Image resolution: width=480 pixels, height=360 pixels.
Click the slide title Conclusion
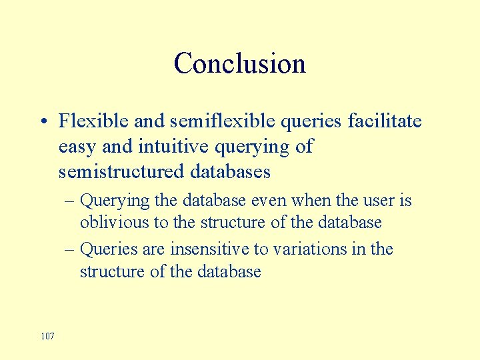[x=240, y=64]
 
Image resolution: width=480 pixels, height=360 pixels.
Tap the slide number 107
[x=47, y=335]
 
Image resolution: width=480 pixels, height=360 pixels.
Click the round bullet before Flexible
[x=42, y=122]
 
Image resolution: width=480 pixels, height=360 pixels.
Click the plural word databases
[x=230, y=171]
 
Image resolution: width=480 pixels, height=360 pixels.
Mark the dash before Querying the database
[x=69, y=201]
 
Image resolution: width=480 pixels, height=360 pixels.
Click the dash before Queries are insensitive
[x=69, y=249]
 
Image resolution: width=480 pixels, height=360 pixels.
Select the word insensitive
[x=212, y=249]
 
